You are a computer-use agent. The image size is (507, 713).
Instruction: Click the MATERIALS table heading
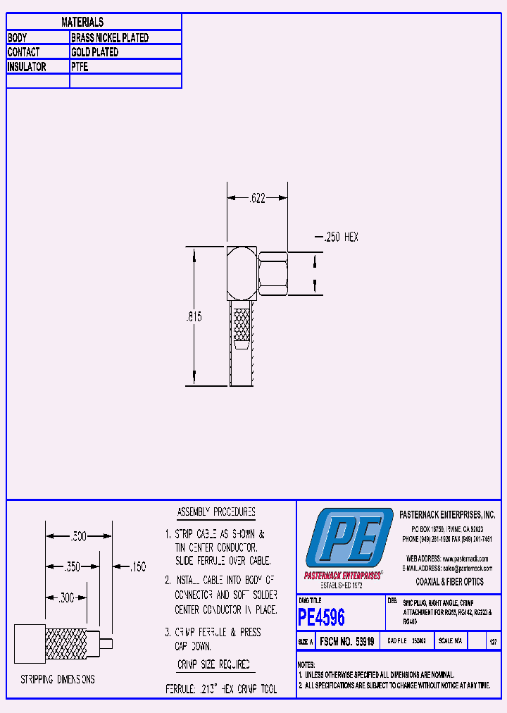[82, 23]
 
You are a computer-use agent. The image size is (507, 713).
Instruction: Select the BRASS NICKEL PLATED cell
[109, 38]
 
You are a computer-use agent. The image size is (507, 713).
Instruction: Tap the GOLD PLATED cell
[94, 52]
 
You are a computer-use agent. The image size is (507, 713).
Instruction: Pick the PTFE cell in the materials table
[80, 67]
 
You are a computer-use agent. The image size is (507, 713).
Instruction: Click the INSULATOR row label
[27, 67]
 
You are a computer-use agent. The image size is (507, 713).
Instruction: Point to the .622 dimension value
[257, 199]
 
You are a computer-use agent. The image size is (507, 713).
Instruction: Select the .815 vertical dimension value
[194, 318]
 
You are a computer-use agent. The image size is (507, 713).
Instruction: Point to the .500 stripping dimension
[78, 536]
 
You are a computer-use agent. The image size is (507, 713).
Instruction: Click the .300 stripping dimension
[65, 597]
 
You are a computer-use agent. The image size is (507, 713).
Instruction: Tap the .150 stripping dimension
[138, 566]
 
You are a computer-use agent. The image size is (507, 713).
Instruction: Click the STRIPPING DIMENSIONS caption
[57, 680]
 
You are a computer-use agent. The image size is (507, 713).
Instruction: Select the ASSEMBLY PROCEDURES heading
[215, 512]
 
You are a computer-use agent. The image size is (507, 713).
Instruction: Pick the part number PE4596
[322, 617]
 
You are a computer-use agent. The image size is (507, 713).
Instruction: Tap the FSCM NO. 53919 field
[346, 643]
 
